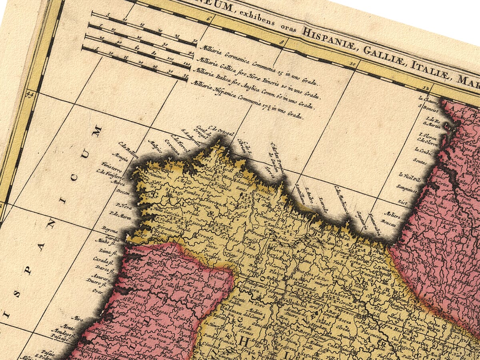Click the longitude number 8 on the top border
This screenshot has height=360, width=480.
pyautogui.click(x=283, y=41)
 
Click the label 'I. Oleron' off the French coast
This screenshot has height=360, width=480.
pyautogui.click(x=427, y=135)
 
